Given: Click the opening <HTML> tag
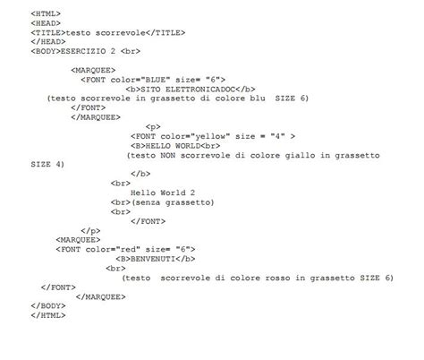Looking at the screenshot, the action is click(x=46, y=13).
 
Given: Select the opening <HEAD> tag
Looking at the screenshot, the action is click(x=46, y=23).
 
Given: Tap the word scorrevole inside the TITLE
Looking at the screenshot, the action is click(x=121, y=32).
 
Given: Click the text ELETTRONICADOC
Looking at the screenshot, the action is click(x=200, y=90).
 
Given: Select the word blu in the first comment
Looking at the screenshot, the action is click(x=258, y=99).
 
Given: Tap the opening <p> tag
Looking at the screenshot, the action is click(x=153, y=127).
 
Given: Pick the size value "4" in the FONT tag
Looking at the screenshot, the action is click(x=277, y=136).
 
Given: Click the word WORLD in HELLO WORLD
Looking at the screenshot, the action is click(x=188, y=146).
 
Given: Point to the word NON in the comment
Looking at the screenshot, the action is click(x=167, y=155).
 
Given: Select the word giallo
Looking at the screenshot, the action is click(x=300, y=155).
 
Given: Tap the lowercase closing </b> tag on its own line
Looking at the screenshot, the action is click(x=140, y=174).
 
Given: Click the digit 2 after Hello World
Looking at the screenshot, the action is click(x=192, y=193).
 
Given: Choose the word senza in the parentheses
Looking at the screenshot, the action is click(x=148, y=202).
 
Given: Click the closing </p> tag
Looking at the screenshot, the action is click(x=90, y=231).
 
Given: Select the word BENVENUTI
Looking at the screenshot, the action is click(x=153, y=259).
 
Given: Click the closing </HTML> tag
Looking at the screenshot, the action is click(x=48, y=315).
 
